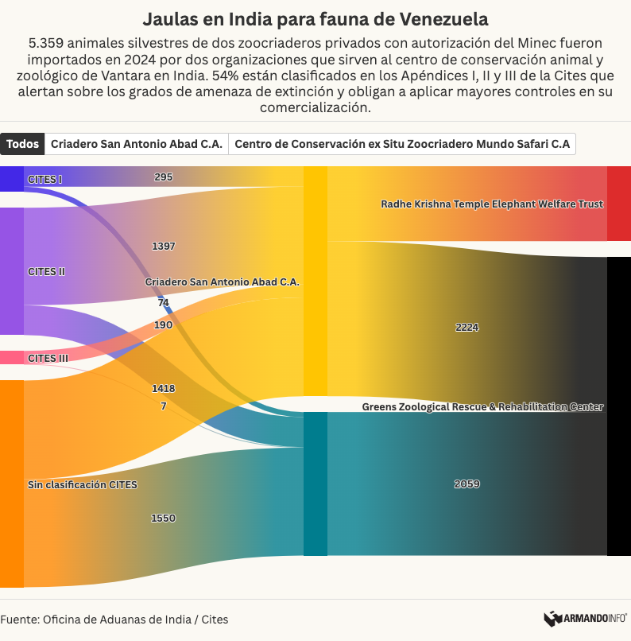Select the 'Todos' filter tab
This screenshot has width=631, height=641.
click(22, 144)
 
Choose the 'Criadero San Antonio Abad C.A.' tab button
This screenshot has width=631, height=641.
click(137, 144)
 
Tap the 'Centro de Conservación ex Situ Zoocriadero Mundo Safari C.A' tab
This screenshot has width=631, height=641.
click(402, 144)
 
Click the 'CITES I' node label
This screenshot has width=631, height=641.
click(45, 180)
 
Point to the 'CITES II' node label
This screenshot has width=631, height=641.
click(46, 272)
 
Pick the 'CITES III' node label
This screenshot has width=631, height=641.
click(48, 359)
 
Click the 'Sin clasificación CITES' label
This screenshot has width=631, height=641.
click(83, 484)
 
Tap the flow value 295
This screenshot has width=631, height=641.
click(164, 177)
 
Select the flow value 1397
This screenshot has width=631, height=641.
click(164, 247)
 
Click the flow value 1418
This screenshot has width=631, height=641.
click(164, 389)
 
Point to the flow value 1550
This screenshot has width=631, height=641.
click(163, 519)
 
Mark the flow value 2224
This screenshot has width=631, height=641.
click(467, 328)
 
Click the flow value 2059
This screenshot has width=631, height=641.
click(467, 484)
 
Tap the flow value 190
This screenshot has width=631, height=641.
click(163, 325)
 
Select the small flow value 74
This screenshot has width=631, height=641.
click(163, 303)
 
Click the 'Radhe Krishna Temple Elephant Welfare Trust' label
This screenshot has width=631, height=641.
click(492, 204)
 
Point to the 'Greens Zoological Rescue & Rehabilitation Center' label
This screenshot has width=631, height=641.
click(482, 407)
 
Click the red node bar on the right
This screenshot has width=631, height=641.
click(618, 204)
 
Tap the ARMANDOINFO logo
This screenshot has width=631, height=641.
click(585, 618)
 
